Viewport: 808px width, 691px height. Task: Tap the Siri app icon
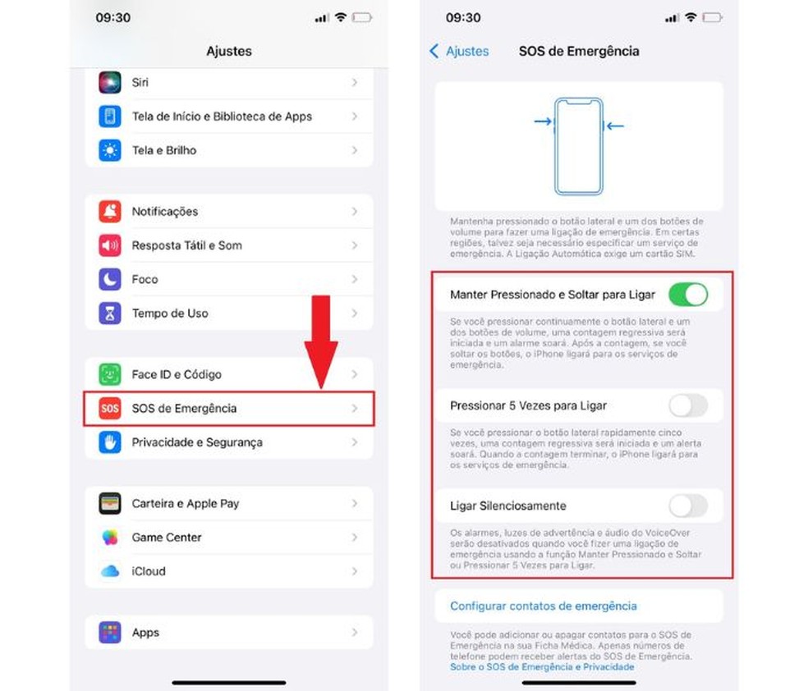coord(110,82)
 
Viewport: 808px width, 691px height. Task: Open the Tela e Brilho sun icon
coord(110,150)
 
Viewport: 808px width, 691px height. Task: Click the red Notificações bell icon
coord(110,212)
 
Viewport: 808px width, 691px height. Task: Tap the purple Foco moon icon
coord(110,280)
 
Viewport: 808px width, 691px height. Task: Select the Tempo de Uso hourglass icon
coord(110,313)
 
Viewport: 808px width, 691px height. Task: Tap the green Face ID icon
coord(110,374)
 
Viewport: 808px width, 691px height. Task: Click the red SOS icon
coord(110,409)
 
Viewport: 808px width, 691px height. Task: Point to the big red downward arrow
coord(321,342)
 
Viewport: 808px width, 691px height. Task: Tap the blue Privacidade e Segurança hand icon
coord(110,442)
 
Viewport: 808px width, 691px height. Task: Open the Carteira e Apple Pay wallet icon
coord(110,504)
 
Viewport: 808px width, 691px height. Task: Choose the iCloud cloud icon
coord(110,571)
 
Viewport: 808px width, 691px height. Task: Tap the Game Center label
coord(167,538)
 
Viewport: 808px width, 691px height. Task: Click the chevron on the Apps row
coord(355,632)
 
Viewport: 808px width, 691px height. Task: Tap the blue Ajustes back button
coord(459,51)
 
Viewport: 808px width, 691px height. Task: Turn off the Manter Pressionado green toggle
coord(688,295)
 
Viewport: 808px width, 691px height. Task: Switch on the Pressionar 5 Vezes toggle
coord(688,405)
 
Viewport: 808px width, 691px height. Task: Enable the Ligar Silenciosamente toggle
coord(688,506)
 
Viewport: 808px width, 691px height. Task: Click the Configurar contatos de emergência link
coord(543,606)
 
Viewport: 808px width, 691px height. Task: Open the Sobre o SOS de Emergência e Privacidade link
coord(542,667)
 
